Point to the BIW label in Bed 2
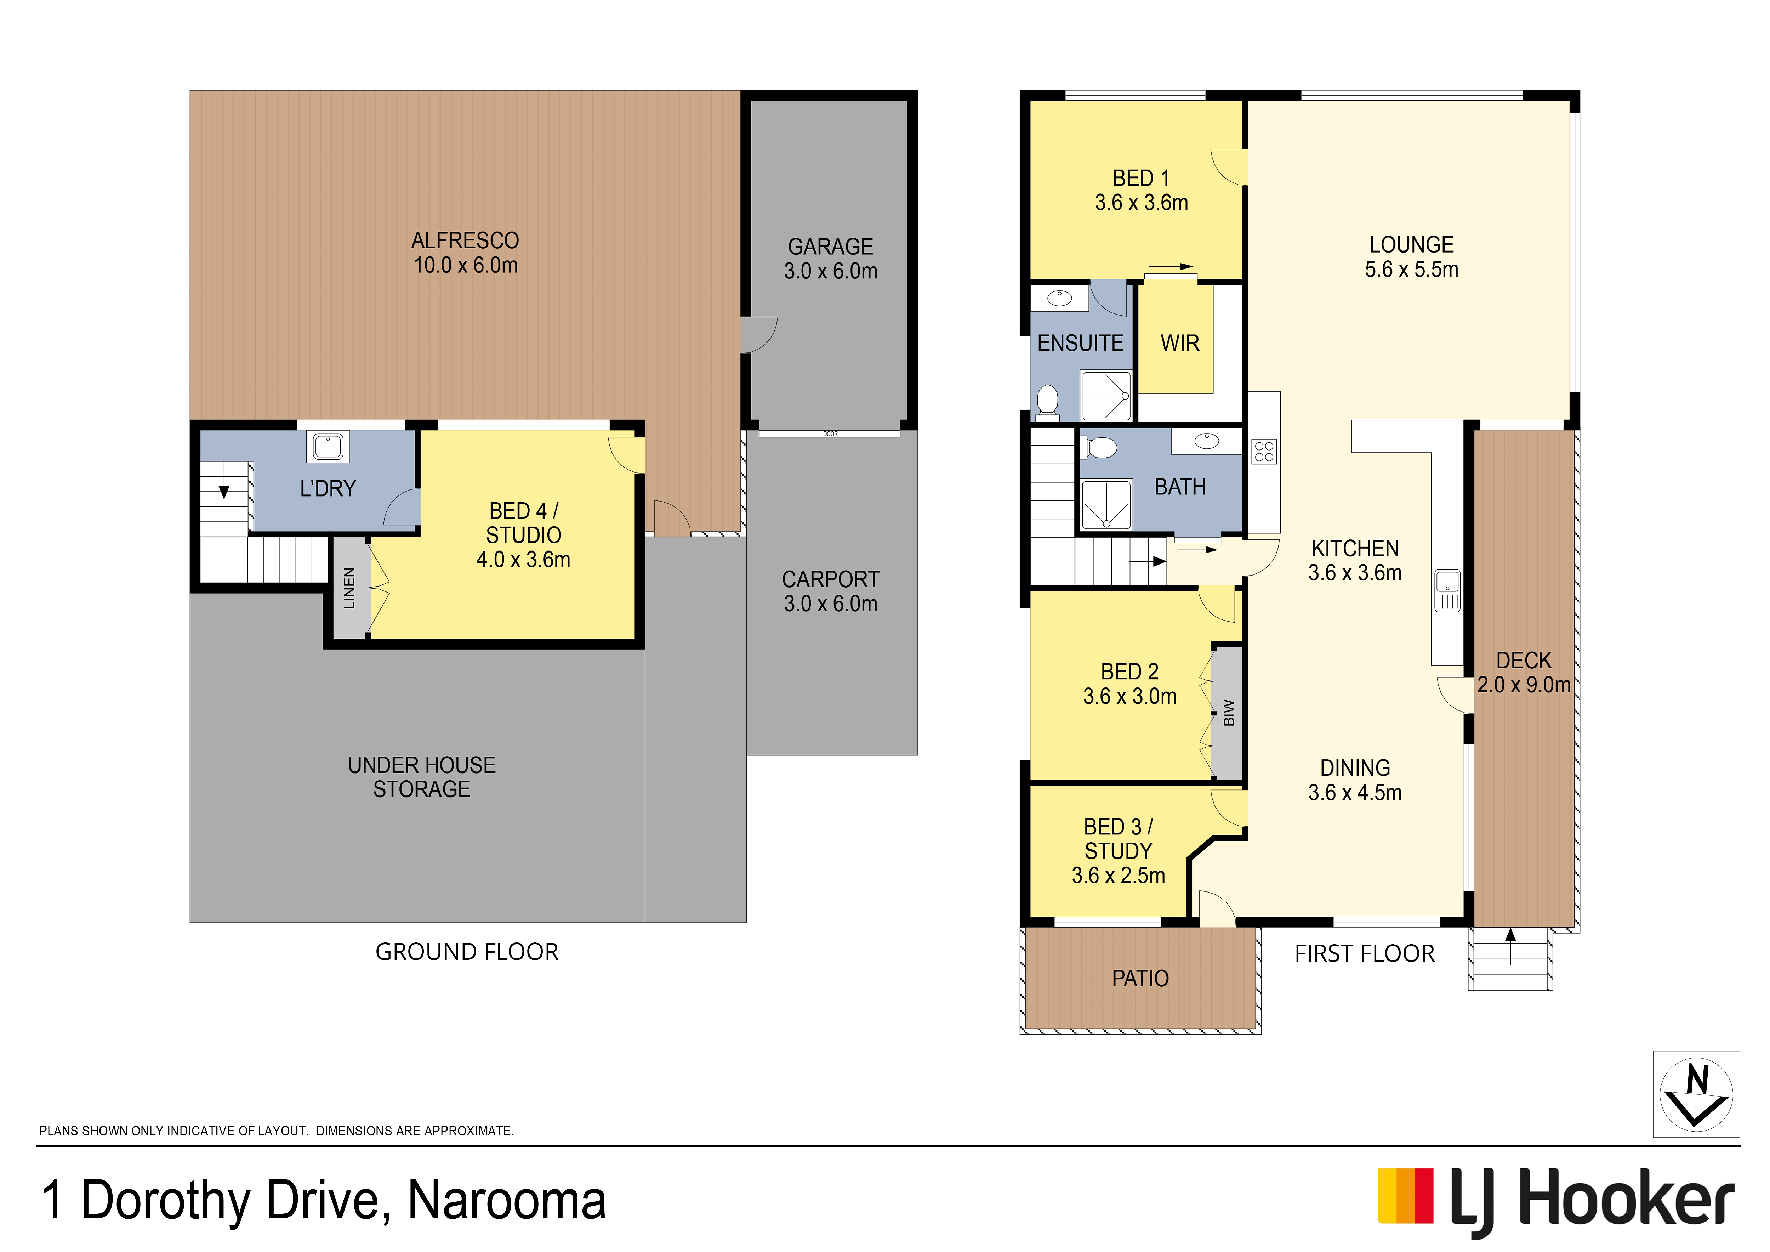click(1229, 713)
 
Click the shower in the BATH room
click(1106, 505)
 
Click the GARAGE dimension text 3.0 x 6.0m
click(830, 271)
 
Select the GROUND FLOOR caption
click(466, 952)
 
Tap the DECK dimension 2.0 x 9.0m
click(1523, 685)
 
